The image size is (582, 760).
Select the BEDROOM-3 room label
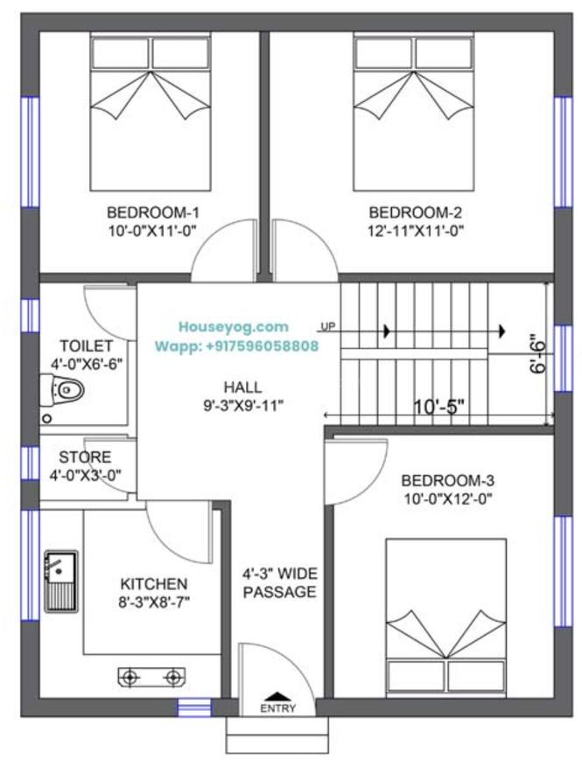[x=448, y=480]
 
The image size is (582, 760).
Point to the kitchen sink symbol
[x=60, y=581]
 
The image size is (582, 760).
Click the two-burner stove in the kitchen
[x=152, y=676]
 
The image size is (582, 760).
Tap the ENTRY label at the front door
[x=277, y=708]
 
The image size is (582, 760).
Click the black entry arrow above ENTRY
[x=277, y=693]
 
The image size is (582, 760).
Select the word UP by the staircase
[x=328, y=327]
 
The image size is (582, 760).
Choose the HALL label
[x=242, y=387]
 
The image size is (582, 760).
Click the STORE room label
[x=85, y=457]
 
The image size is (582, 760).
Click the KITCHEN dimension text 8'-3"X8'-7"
[x=155, y=601]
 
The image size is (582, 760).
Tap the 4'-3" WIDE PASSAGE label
[x=280, y=583]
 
